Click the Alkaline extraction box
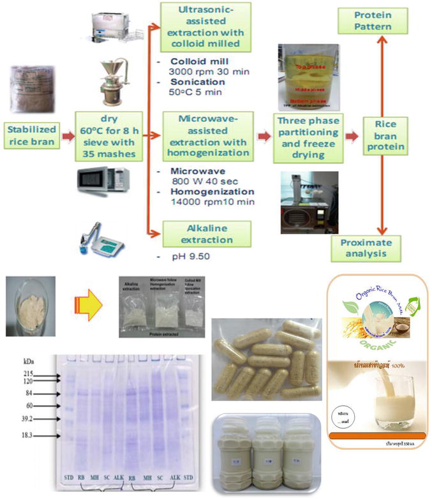(198, 233)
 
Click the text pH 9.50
(184, 257)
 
